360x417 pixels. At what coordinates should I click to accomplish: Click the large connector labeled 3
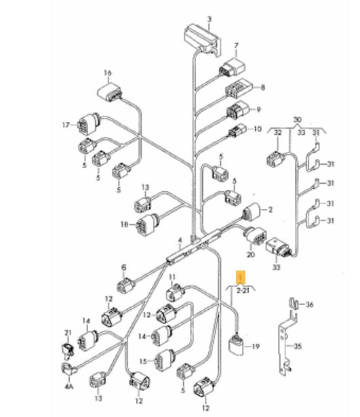coord(203,40)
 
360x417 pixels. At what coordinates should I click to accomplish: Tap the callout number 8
coord(262,87)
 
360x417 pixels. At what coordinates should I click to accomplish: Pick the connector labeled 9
coord(237,110)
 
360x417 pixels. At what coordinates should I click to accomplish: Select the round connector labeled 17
coord(89,124)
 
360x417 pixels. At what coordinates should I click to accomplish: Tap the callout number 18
coord(125,224)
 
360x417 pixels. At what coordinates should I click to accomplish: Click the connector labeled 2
coord(251,212)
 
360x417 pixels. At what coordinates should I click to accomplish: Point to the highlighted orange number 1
coord(241,278)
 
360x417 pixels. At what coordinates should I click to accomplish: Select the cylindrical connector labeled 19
coord(237,344)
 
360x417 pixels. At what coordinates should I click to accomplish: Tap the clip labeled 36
coord(294,304)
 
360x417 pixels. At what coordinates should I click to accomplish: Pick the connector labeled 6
coord(126,284)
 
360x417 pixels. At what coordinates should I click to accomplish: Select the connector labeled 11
coord(175,292)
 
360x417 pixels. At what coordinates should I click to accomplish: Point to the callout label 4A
coord(68,386)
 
